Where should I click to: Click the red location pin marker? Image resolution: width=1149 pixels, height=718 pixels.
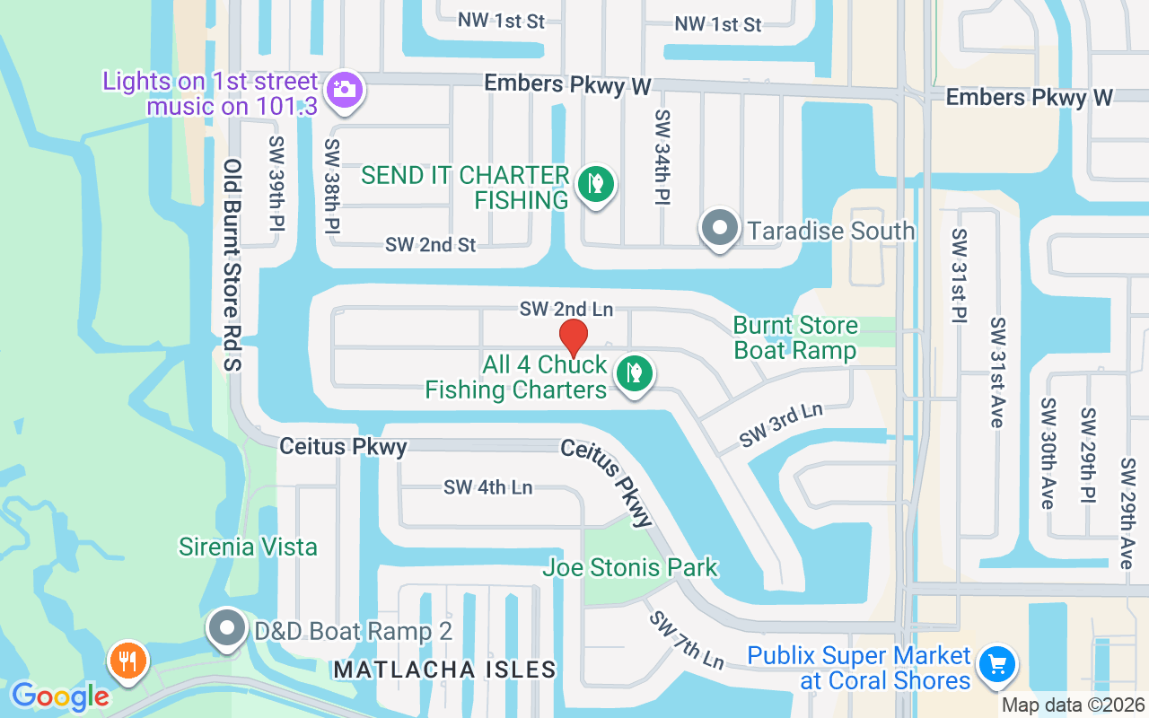[x=574, y=337]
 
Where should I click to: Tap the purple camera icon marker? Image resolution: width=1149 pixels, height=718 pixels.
[x=343, y=91]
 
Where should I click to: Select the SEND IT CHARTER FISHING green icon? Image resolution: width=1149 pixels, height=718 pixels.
[x=595, y=185]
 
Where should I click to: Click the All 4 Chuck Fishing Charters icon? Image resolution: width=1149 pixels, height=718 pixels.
[x=635, y=373]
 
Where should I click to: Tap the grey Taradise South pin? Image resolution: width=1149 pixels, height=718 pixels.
[x=719, y=228]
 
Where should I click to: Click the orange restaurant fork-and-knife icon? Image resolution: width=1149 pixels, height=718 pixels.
[x=128, y=661]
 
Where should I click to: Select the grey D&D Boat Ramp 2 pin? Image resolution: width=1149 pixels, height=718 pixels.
[x=226, y=628]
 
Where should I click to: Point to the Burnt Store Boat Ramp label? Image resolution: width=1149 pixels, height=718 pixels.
[x=795, y=337]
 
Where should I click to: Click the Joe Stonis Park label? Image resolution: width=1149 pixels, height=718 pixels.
[x=630, y=567]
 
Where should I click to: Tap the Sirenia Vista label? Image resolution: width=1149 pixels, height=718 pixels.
[x=248, y=547]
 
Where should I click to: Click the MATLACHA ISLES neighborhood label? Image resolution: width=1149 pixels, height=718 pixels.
[x=444, y=670]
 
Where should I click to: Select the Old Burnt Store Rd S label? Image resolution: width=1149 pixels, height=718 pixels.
[x=233, y=266]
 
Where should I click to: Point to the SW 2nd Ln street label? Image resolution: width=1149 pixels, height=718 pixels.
[x=566, y=309]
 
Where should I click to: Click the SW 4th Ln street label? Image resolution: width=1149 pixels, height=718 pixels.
[x=487, y=487]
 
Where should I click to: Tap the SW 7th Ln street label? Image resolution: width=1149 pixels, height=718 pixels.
[x=687, y=640]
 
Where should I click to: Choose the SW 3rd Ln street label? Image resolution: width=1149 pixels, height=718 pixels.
[x=781, y=425]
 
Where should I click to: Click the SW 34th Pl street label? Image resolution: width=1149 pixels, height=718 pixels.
[x=663, y=157]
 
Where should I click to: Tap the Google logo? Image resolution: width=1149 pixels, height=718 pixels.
[x=60, y=696]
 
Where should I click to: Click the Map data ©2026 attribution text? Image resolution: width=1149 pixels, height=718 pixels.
[x=1073, y=705]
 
